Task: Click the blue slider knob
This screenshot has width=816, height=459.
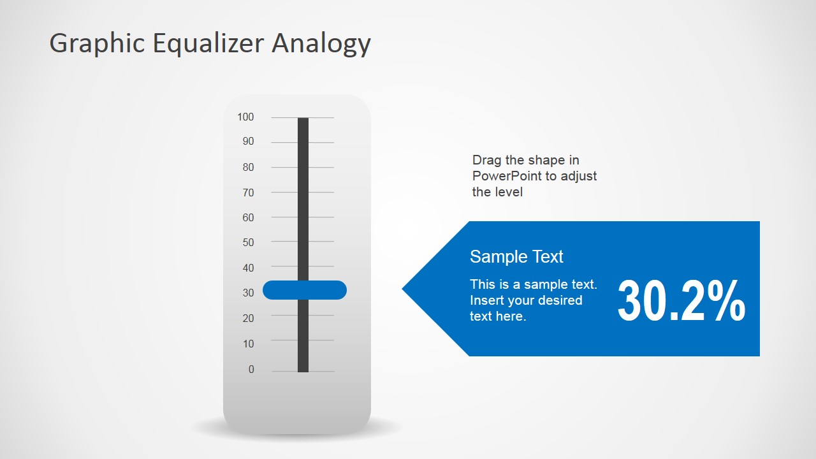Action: point(305,290)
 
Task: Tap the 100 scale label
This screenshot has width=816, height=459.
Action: point(245,117)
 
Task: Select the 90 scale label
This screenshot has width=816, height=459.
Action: point(248,142)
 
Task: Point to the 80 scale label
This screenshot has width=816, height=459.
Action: point(248,167)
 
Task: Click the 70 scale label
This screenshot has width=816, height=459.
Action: point(248,193)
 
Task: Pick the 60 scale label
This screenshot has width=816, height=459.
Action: point(248,217)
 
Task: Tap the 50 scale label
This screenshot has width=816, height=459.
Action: point(248,242)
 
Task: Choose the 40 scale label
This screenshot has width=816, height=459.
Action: point(248,268)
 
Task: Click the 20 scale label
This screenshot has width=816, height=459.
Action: point(248,318)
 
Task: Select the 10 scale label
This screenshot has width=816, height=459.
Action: point(248,344)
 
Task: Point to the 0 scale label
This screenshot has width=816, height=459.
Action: point(251,369)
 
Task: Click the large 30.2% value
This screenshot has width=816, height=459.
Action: point(681,302)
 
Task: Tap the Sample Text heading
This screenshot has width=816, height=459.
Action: point(516,256)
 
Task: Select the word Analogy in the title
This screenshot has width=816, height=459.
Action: point(321,44)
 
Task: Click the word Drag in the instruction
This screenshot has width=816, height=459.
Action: point(486,160)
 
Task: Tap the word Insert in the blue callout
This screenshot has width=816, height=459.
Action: point(486,300)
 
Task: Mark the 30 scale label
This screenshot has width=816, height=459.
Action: point(248,293)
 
